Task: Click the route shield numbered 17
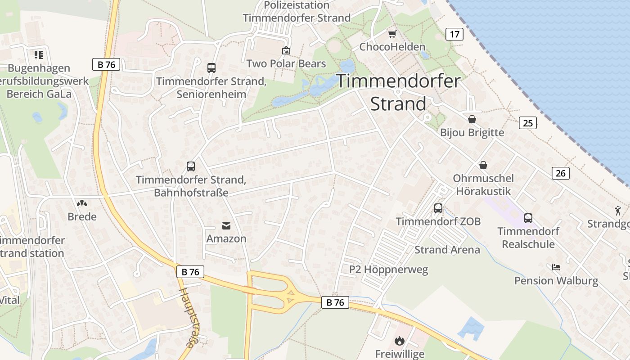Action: [454, 34]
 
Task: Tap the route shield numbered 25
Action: [527, 122]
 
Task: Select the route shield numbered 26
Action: [560, 173]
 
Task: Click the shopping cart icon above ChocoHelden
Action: [392, 34]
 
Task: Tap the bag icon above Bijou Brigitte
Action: [472, 119]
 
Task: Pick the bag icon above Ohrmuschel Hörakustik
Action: [483, 165]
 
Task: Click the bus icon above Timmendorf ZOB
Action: [438, 208]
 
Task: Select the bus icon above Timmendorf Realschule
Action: [528, 218]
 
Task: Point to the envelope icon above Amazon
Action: [226, 226]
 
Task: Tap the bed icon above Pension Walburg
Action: [556, 267]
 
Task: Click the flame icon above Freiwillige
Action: [400, 341]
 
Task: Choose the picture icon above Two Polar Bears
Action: [286, 50]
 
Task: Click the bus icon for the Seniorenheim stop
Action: [211, 68]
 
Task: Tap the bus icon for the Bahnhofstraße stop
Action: [191, 166]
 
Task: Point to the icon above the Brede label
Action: [82, 204]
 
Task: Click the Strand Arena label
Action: [447, 250]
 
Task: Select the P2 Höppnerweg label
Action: [389, 270]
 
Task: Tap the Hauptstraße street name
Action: [188, 318]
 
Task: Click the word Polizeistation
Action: [297, 5]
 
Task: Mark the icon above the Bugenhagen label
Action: [39, 55]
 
